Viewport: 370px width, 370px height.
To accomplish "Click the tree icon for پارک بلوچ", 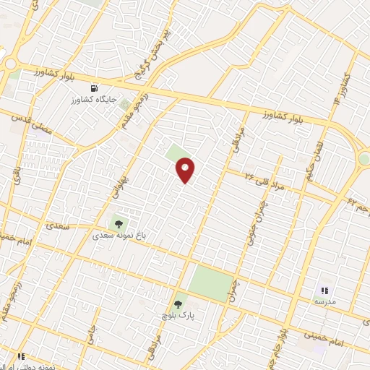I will pyautogui.click(x=178, y=305).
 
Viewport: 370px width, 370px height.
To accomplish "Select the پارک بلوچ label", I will pyautogui.click(x=178, y=317).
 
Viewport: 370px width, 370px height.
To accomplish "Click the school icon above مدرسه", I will pyautogui.click(x=324, y=290).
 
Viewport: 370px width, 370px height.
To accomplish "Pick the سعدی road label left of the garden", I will pyautogui.click(x=58, y=225).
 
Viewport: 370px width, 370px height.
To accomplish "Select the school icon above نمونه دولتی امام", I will pyautogui.click(x=21, y=356).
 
